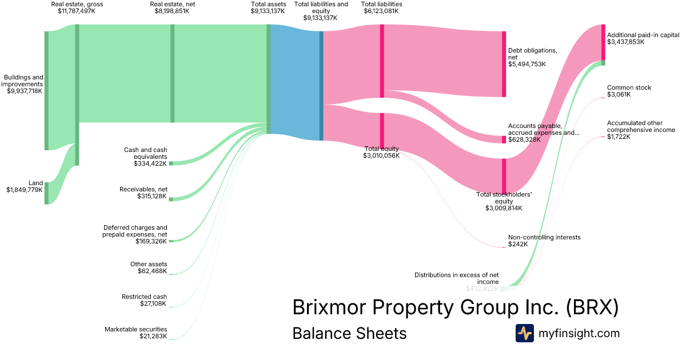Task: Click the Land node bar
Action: [x=47, y=193]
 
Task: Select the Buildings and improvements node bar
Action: [x=47, y=90]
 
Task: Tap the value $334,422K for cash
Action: [x=150, y=163]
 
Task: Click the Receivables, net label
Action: [x=143, y=189]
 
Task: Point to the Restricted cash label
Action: [x=144, y=297]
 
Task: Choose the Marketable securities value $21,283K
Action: [x=153, y=336]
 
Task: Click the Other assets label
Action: [x=149, y=264]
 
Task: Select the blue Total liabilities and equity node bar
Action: [x=321, y=86]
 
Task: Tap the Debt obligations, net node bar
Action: [x=504, y=64]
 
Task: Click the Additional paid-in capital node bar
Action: [x=603, y=42]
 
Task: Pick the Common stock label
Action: [x=629, y=87]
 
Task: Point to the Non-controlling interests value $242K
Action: [x=518, y=244]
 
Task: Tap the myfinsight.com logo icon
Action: [x=524, y=333]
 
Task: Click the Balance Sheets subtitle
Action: [x=349, y=333]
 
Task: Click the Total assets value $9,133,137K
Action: [x=268, y=11]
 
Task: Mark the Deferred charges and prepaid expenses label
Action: [x=135, y=231]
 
